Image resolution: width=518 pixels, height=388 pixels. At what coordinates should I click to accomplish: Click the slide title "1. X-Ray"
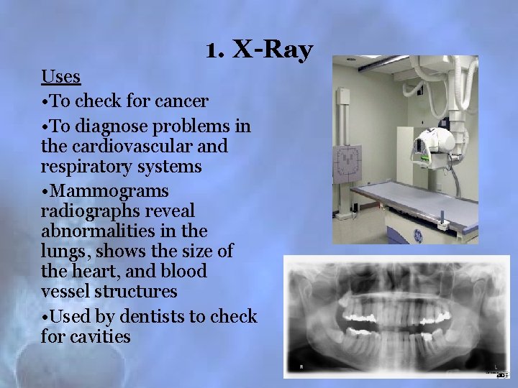tap(258, 50)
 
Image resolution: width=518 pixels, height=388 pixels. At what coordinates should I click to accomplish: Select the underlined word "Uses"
tap(60, 75)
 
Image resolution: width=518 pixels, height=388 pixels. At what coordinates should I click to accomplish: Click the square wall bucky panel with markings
tap(350, 162)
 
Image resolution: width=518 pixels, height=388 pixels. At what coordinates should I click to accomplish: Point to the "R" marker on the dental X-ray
tap(300, 367)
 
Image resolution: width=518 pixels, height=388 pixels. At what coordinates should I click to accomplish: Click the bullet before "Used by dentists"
tap(45, 317)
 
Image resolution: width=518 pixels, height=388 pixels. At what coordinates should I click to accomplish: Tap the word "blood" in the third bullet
tap(186, 272)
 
